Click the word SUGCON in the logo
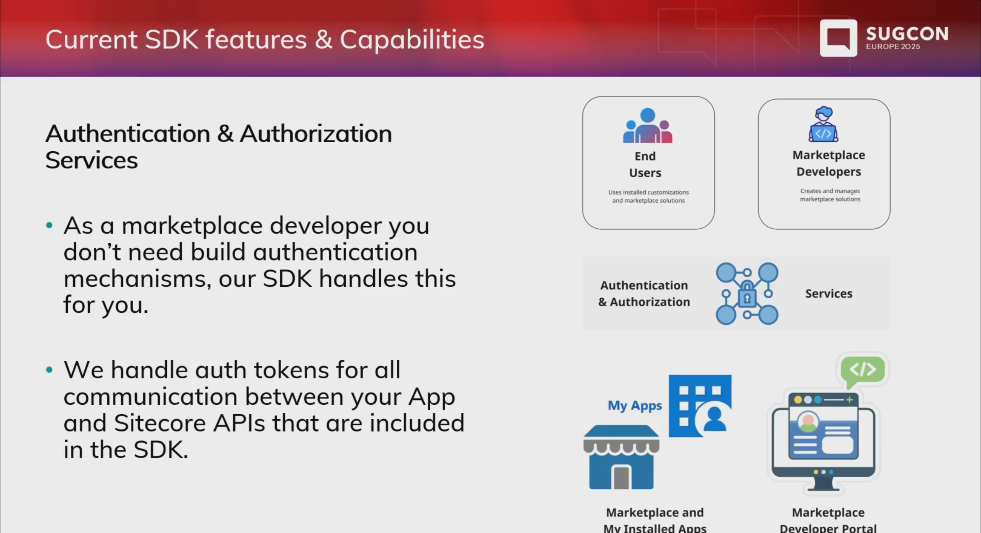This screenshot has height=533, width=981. [x=907, y=34]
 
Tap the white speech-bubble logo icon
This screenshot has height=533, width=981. [x=838, y=38]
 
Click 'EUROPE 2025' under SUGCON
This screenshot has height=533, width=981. [x=892, y=47]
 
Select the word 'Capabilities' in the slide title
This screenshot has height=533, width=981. [x=412, y=40]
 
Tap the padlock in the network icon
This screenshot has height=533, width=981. [x=747, y=294]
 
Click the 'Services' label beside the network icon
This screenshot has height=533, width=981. [x=828, y=294]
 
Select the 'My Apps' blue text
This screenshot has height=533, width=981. [x=635, y=405]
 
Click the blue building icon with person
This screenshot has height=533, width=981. [x=700, y=406]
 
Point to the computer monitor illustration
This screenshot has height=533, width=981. [x=823, y=440]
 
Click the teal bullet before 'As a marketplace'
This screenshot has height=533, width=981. [x=49, y=226]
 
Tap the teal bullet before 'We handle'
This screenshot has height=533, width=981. [x=49, y=370]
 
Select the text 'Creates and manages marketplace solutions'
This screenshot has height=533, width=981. [x=830, y=195]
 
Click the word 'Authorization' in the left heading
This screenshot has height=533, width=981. [x=316, y=134]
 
